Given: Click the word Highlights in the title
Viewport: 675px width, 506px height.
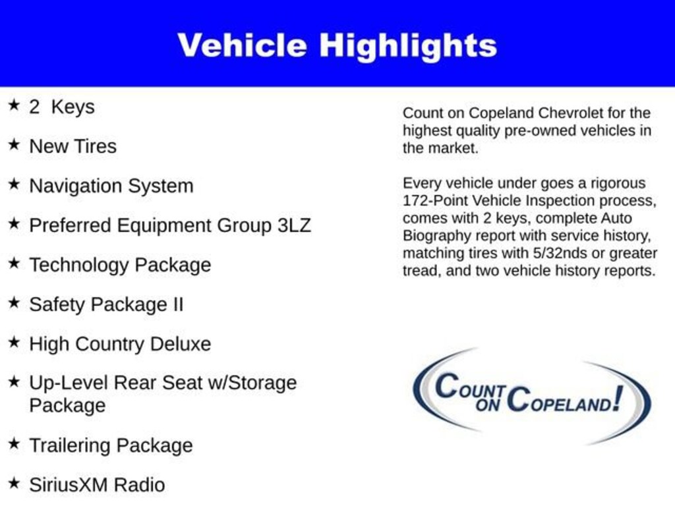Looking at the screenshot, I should [408, 45].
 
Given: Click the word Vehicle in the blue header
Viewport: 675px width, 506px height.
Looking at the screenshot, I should [242, 45].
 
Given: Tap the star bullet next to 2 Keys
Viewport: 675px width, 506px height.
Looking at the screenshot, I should [14, 105].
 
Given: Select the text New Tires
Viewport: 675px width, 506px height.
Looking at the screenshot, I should [73, 146].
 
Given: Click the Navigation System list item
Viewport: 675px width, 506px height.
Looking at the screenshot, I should [111, 186].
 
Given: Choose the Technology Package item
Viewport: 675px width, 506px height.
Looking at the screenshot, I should [120, 265].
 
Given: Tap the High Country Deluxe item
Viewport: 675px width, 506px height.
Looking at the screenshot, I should [120, 344].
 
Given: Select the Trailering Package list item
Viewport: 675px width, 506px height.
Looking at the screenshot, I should [111, 445].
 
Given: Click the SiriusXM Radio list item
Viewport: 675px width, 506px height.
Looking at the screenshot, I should [97, 485].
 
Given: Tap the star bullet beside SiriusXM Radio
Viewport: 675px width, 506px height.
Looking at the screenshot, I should [14, 484].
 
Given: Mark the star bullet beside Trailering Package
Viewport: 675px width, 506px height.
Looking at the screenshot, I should [14, 444].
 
